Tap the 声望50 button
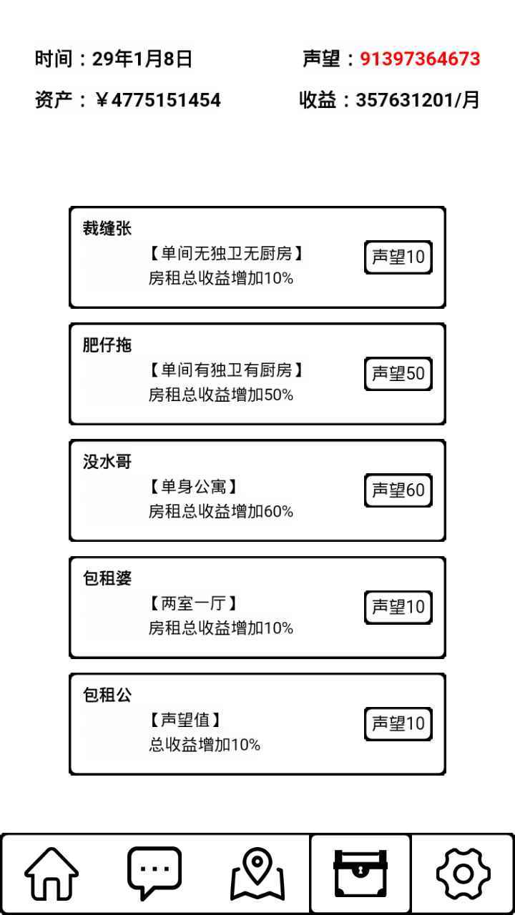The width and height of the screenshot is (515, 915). (398, 374)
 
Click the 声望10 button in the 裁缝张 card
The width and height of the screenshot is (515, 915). (398, 257)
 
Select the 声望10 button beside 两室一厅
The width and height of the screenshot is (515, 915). (398, 607)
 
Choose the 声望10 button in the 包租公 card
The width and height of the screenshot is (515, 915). (398, 724)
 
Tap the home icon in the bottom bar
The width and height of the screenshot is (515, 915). (51, 874)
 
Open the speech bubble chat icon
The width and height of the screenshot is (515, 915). (154, 874)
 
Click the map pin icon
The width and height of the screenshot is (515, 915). (257, 874)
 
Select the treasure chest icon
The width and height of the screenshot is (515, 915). (360, 874)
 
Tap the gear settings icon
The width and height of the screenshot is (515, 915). (463, 874)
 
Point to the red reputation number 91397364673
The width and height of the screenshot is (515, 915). (420, 59)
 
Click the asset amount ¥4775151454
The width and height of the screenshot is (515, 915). (158, 100)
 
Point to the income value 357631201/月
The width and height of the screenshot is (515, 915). (417, 100)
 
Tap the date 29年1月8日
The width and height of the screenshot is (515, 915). (142, 59)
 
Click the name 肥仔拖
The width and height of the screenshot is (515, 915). (107, 345)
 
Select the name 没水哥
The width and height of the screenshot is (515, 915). (107, 462)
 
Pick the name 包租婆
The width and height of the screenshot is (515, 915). (107, 578)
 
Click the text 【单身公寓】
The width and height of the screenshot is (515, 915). (193, 487)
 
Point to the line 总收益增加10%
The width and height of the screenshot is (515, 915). (205, 745)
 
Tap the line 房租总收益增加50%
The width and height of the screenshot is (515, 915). (221, 395)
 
